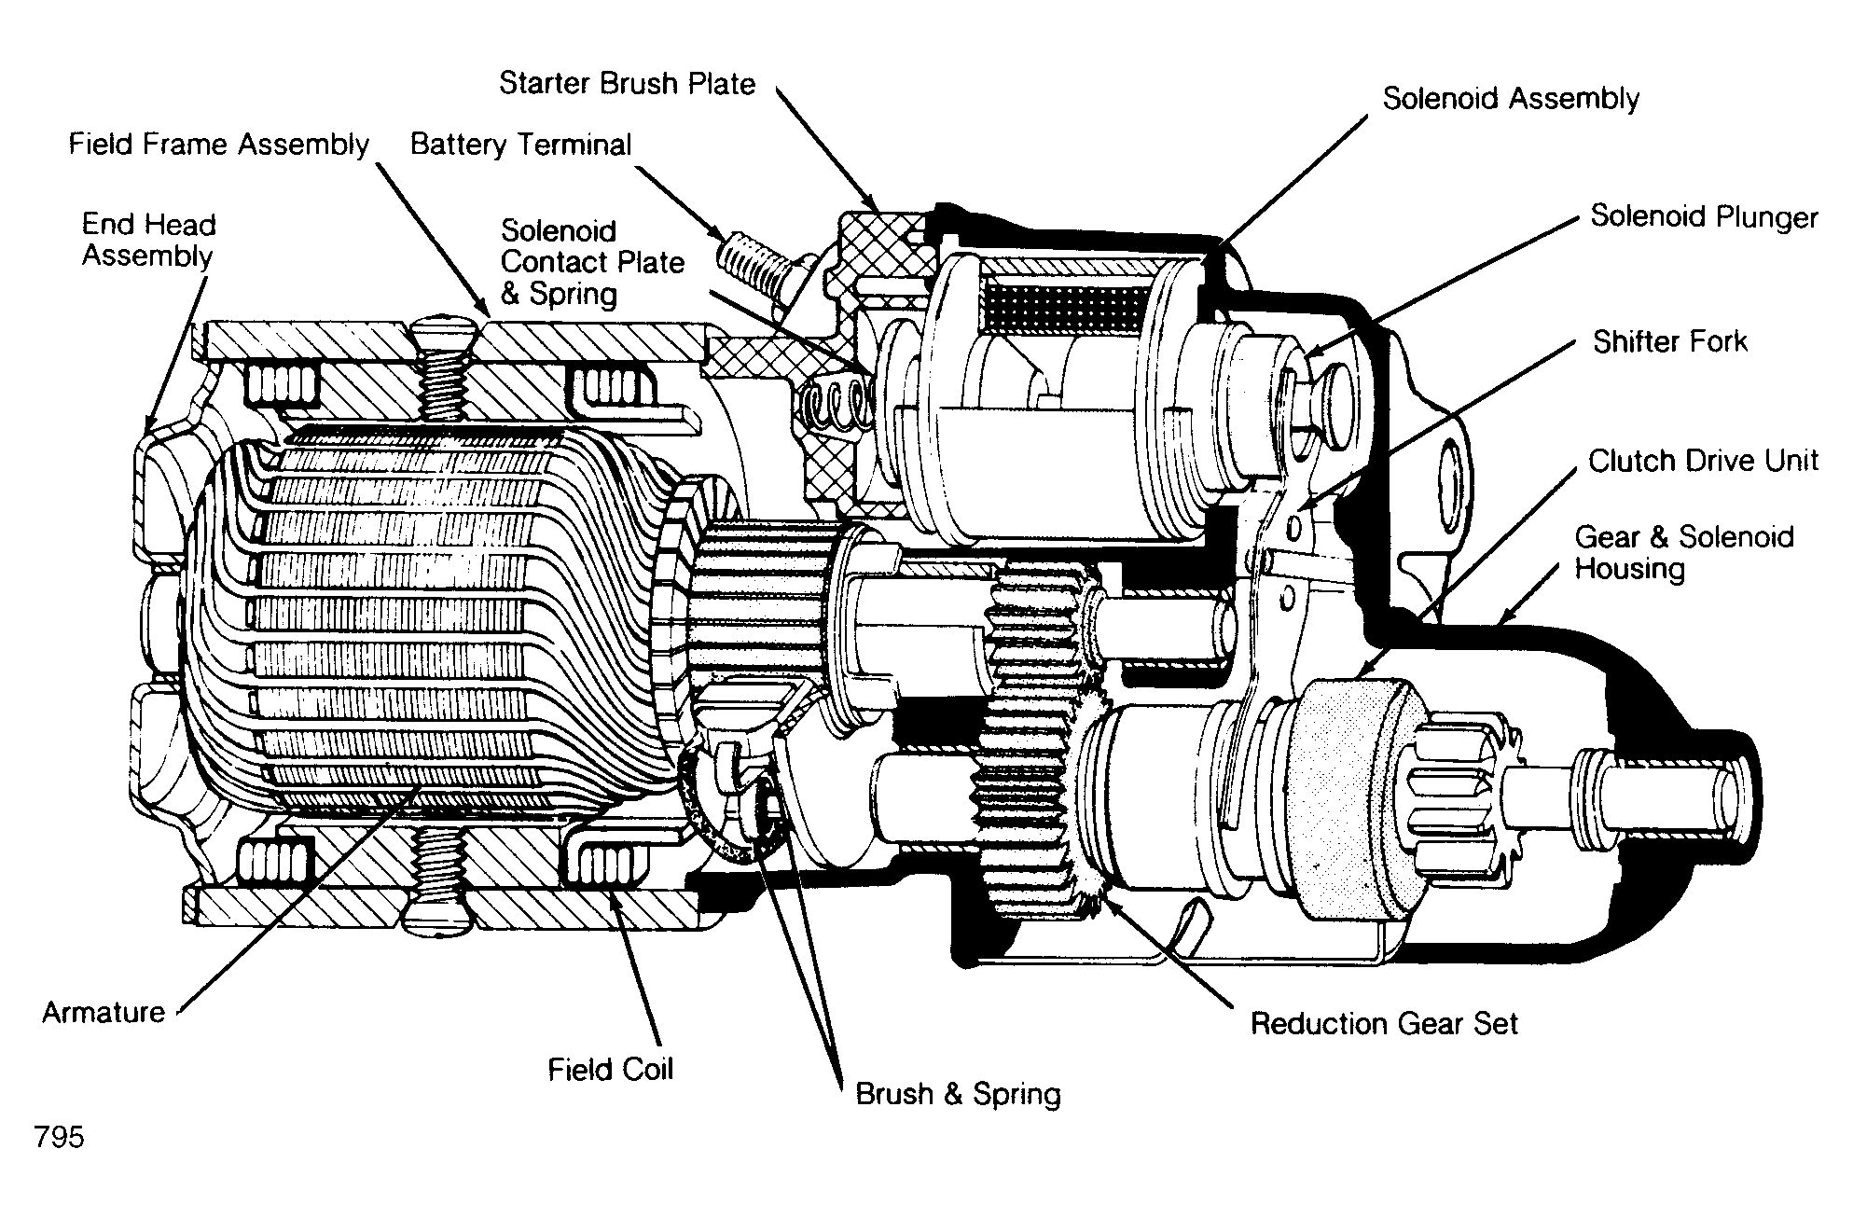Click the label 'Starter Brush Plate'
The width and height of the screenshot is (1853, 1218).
coord(627,84)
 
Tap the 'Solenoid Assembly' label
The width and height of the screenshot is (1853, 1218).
coord(1511,99)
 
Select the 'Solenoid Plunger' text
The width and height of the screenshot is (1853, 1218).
coord(1704,217)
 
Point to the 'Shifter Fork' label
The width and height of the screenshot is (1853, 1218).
coord(1669,341)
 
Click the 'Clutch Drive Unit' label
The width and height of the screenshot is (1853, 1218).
coord(1703,461)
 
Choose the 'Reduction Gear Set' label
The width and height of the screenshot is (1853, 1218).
coord(1384,1023)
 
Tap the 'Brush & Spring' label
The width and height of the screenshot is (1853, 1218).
coord(958,1093)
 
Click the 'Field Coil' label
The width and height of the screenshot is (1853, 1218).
coord(610,1069)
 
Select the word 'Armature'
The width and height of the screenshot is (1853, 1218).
coord(104,1012)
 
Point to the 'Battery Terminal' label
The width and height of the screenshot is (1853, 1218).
coord(520,145)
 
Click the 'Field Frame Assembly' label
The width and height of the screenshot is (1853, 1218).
coord(219,145)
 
